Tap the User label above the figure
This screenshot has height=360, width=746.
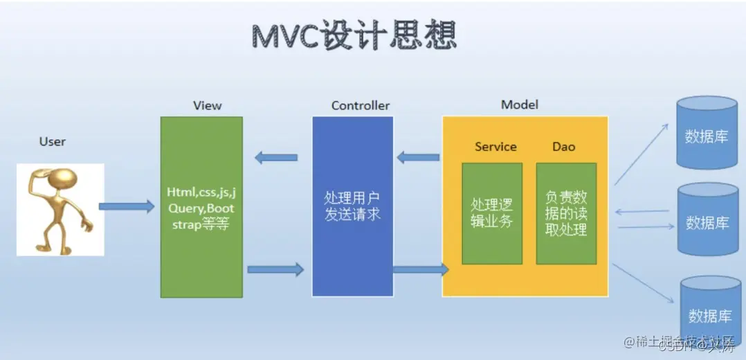[53, 142]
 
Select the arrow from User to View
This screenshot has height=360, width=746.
[126, 206]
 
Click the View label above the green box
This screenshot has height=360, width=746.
[208, 106]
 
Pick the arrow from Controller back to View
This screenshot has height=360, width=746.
[276, 157]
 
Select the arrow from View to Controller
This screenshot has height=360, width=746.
[275, 269]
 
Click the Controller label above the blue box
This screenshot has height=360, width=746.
[360, 106]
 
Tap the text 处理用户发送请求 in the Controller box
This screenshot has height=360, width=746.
[353, 206]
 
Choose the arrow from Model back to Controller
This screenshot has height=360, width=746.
[418, 157]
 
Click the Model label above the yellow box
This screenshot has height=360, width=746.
[520, 105]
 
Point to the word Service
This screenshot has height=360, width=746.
[495, 147]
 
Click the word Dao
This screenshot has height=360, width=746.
[563, 147]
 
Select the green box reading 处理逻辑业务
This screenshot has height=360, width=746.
[492, 213]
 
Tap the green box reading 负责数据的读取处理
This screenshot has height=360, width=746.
[566, 213]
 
